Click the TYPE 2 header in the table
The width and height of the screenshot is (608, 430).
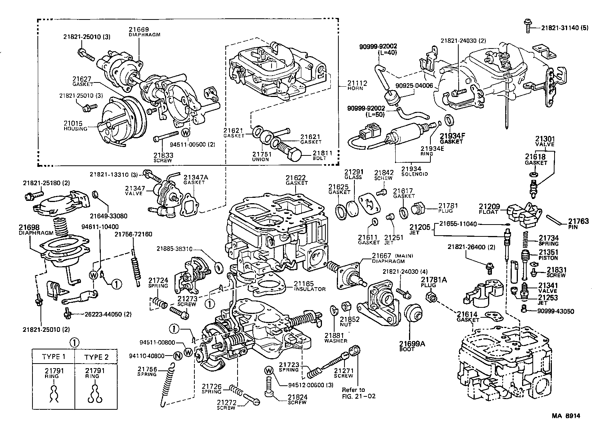tap(96, 357)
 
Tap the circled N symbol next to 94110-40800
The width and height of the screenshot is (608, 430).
tap(177, 356)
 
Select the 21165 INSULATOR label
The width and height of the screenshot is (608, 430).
tap(309, 286)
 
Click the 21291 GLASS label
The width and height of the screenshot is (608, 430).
tap(353, 175)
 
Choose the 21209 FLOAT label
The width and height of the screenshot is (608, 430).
tap(489, 209)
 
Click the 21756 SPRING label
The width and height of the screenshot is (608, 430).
tap(147, 371)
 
